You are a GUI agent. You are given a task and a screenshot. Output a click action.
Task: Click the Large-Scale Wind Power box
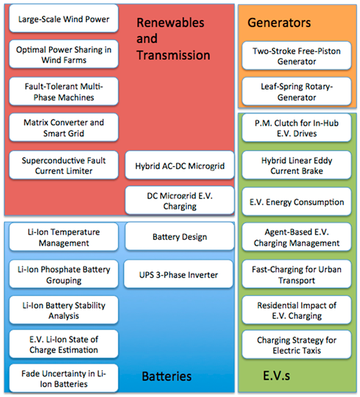coord(64,19)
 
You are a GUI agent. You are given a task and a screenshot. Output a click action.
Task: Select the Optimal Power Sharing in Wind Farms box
coord(64,55)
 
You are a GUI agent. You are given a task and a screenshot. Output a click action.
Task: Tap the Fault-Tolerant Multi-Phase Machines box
coord(64,91)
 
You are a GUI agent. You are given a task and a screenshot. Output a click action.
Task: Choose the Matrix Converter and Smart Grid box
coord(64,128)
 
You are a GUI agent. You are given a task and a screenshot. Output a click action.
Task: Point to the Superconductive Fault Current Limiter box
coord(64,166)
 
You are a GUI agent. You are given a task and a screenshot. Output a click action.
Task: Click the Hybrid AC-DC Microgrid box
coord(180,166)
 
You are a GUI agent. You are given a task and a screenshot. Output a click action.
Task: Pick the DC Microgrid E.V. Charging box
coord(180,201)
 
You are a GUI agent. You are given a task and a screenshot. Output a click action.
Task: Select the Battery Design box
coord(180,237)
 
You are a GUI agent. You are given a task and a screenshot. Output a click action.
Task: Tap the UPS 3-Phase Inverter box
coord(179,274)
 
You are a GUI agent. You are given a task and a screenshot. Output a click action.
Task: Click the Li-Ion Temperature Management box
coord(64,237)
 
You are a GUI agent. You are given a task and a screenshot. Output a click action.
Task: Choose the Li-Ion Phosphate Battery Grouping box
coord(64,275)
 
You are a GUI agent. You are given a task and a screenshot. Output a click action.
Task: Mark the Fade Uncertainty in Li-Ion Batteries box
coord(64,379)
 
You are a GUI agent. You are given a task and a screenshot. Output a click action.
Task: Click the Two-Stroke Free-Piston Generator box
coord(296,56)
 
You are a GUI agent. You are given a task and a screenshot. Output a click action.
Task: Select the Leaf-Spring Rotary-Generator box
coord(296,92)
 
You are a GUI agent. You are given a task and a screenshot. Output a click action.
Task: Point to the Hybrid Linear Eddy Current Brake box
coord(296,166)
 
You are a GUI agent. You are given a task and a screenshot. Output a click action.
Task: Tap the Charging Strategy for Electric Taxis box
coord(296,345)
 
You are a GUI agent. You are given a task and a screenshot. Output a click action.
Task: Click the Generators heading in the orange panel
coord(279,23)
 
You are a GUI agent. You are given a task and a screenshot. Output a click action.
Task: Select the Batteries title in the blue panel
coord(167,377)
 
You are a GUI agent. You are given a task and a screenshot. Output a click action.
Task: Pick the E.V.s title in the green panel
coord(276,376)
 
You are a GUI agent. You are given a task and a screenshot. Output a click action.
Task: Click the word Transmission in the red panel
coord(173,55)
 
